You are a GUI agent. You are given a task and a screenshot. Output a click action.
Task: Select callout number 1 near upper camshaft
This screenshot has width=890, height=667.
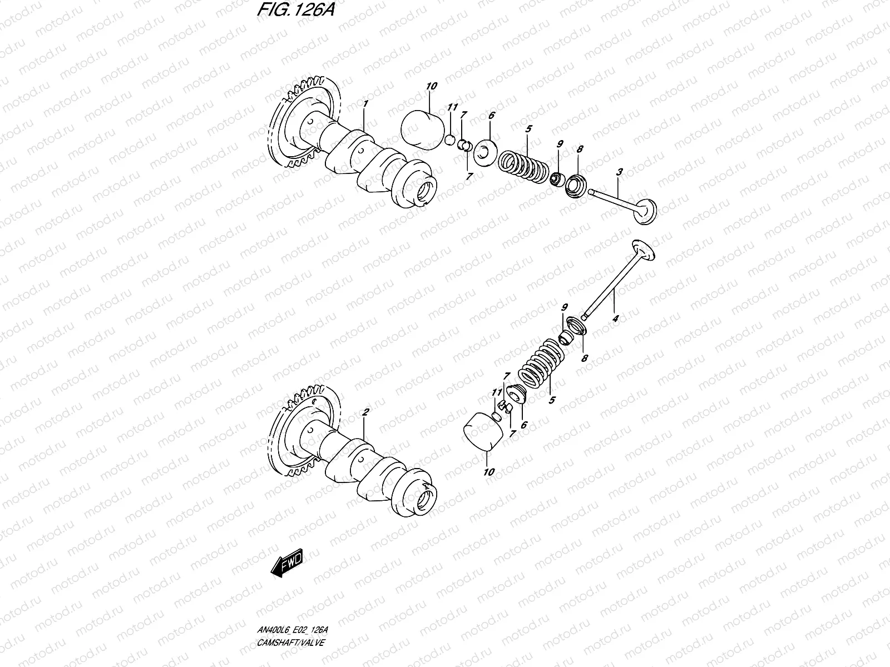(x=365, y=104)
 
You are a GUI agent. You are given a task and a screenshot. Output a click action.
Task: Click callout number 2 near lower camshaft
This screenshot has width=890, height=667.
(x=365, y=412)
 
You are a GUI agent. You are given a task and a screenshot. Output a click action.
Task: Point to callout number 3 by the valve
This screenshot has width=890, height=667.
(x=619, y=173)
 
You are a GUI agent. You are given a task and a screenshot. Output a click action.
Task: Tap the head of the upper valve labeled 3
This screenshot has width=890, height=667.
(x=647, y=212)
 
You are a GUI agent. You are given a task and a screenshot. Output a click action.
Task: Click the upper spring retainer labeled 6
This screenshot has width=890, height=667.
(x=485, y=151)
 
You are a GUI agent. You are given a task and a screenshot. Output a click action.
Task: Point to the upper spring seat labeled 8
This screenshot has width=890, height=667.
(x=575, y=186)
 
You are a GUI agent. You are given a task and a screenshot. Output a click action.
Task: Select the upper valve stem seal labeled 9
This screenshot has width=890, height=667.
(x=556, y=179)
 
